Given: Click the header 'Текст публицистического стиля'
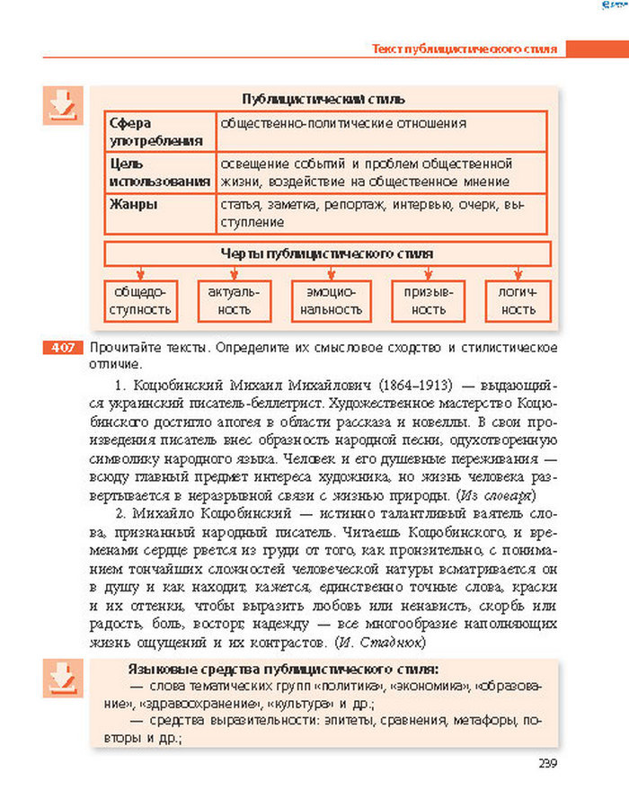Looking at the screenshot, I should click(x=465, y=49).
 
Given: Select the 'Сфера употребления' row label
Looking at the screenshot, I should click(x=158, y=131).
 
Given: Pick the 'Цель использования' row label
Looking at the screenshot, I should click(x=158, y=173).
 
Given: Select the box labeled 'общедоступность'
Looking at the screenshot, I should click(x=138, y=301).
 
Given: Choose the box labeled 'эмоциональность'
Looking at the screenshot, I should click(x=331, y=301).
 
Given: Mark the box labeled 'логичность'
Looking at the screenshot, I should click(x=514, y=301).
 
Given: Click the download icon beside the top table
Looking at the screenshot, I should click(x=62, y=106).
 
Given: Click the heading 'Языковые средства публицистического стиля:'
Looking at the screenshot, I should click(x=283, y=670).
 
